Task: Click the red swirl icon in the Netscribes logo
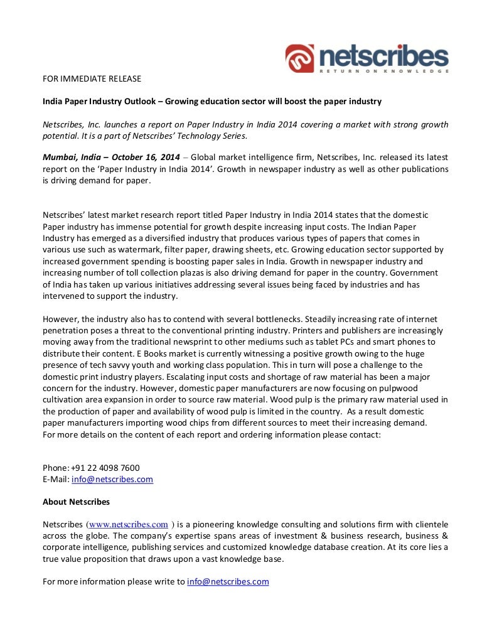[x=300, y=58]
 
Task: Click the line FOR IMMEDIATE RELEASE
[x=92, y=78]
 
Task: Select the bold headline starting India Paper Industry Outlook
[x=212, y=101]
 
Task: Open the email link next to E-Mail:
[x=112, y=479]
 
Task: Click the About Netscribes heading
[x=76, y=502]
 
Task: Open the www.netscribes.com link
[x=127, y=524]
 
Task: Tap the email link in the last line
[x=228, y=581]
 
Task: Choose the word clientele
[x=429, y=524]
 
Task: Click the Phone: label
[x=56, y=468]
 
